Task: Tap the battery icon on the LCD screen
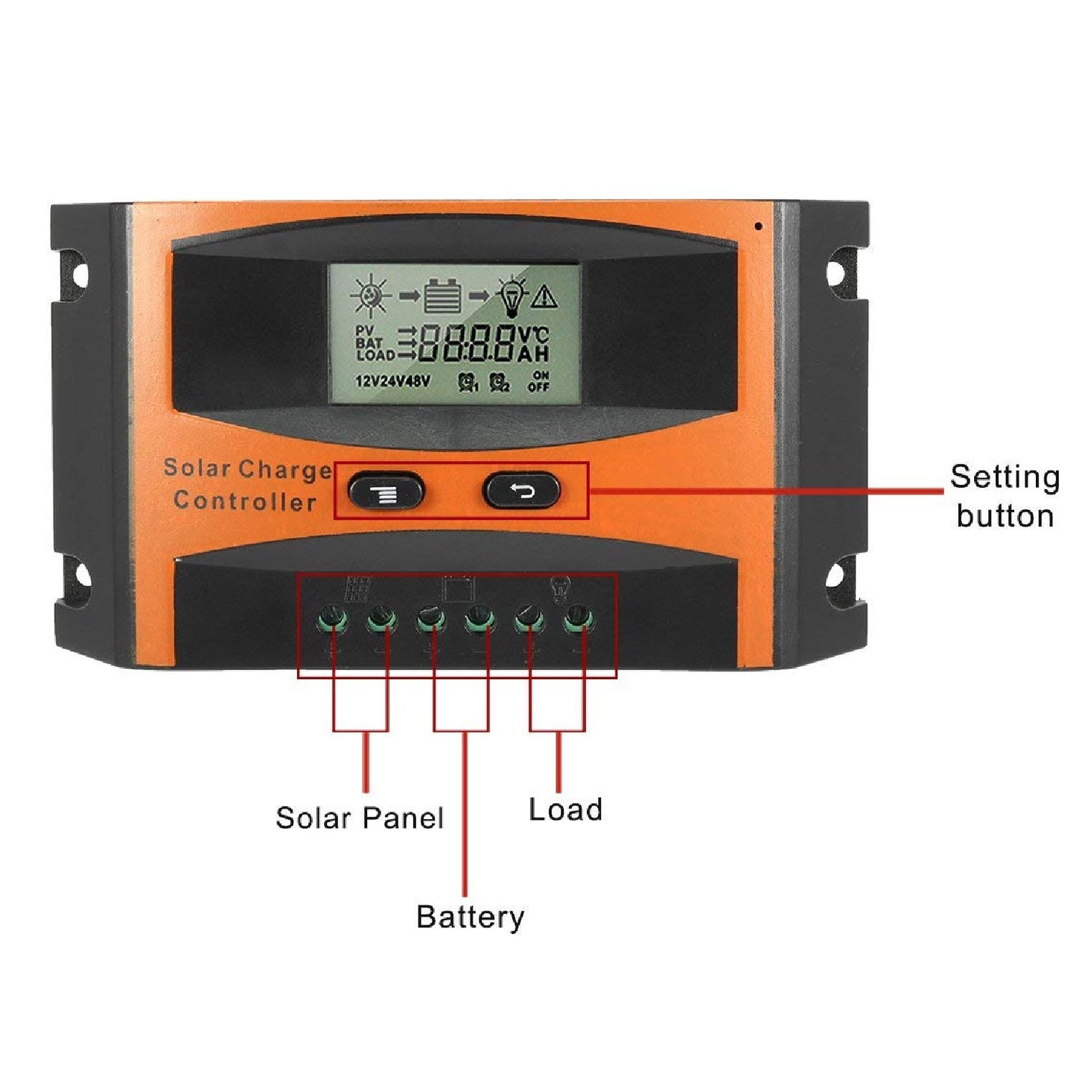coord(442,296)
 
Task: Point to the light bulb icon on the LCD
coord(512,296)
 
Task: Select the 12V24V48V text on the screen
coord(392,382)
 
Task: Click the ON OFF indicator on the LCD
coord(538,381)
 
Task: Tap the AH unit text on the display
coord(533,354)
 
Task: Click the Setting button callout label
coord(1005,496)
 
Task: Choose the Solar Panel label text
coord(359,818)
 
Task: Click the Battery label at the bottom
coord(470,916)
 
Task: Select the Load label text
coord(565,809)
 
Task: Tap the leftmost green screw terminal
coord(332,617)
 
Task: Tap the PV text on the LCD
coord(364,330)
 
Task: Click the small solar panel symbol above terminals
coord(357,589)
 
